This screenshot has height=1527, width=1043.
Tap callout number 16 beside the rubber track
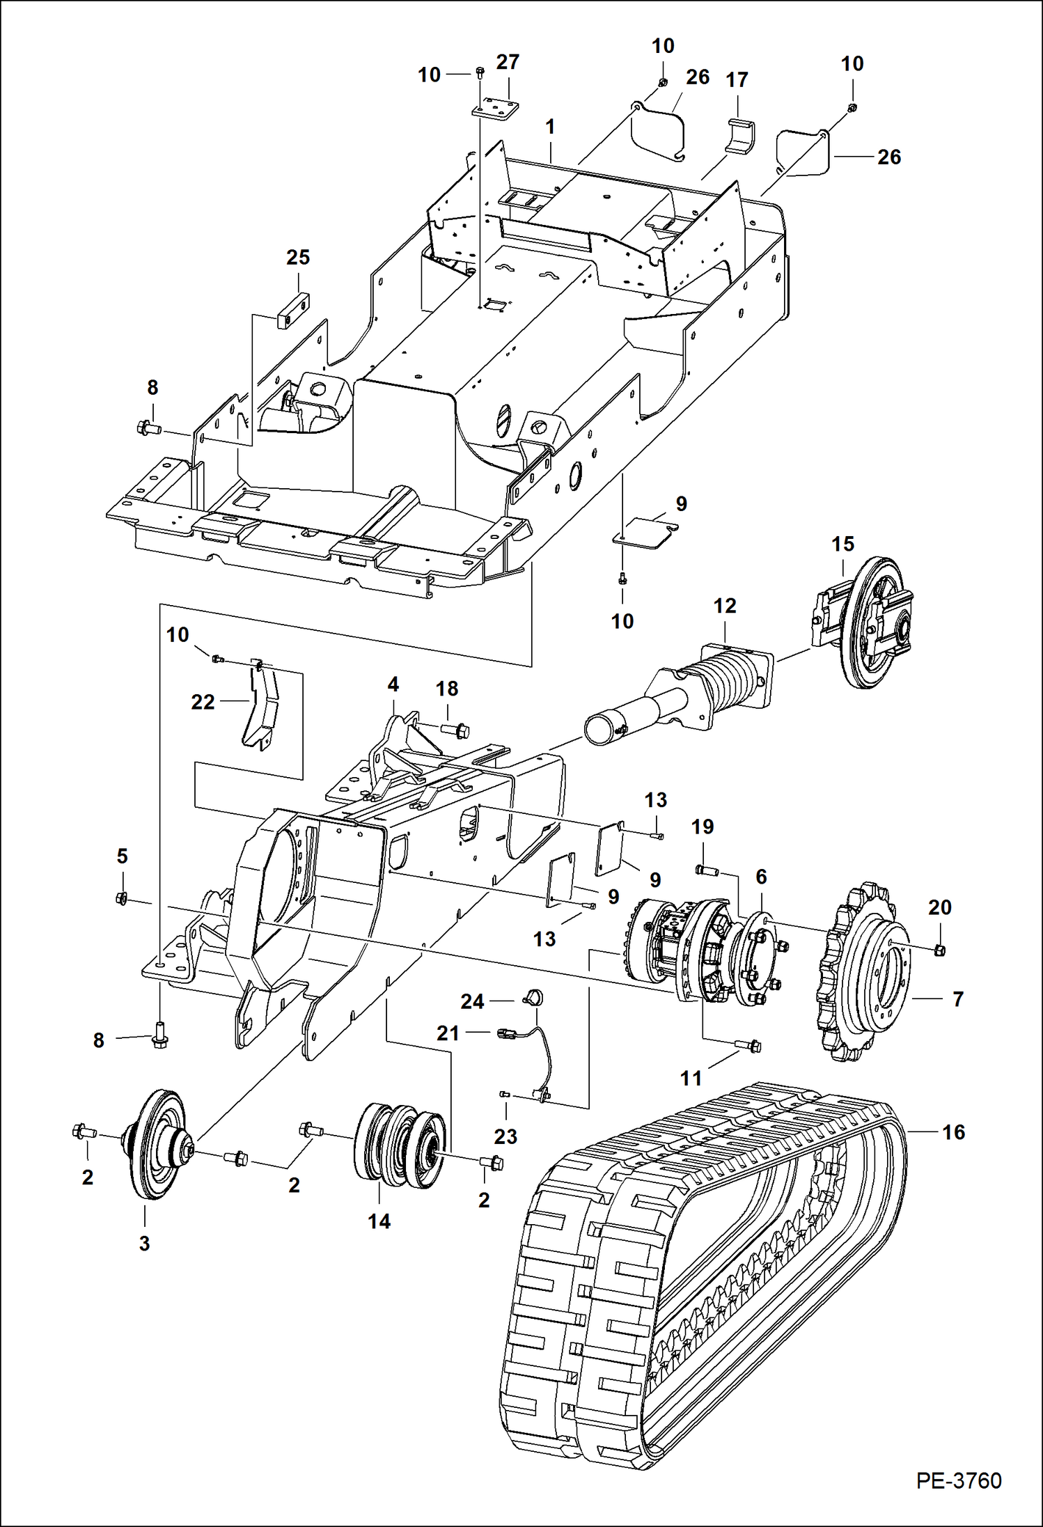coord(953,1132)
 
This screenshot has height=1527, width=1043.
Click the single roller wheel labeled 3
coord(158,1143)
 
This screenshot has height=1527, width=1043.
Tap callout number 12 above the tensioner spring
coord(724,606)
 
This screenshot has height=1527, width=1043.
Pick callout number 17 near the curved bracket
coord(737,80)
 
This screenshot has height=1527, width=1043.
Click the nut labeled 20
coord(938,949)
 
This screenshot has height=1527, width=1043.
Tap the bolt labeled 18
coord(456,730)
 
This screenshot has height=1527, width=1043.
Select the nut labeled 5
coord(121,899)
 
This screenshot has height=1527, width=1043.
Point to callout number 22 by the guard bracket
coord(203,702)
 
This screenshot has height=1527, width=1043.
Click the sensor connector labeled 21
coord(506,1035)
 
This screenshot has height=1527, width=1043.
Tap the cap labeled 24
coord(533,998)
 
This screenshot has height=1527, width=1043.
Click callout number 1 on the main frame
coord(550,127)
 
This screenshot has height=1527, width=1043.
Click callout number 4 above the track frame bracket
coord(393,684)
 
